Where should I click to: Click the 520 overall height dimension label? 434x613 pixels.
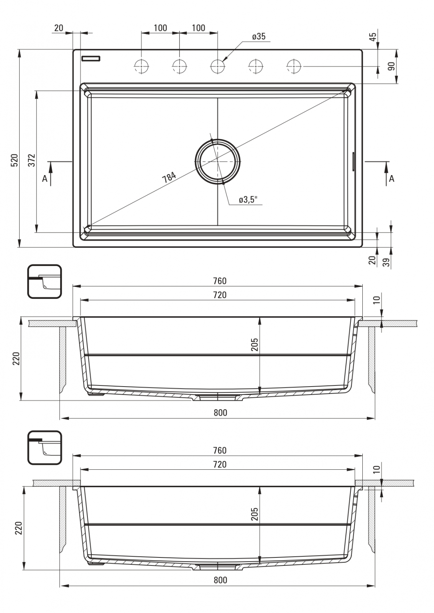14,161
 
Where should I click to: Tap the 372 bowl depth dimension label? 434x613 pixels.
32,161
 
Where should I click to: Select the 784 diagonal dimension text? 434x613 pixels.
169,177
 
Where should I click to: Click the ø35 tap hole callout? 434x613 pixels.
259,36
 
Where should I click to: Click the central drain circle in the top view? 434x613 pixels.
218,161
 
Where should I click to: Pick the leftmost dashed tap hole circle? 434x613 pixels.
141,66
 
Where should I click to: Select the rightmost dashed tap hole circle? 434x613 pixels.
294,66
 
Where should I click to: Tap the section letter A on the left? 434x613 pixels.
44,179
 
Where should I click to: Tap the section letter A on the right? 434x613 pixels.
391,179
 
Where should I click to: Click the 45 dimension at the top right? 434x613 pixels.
373,36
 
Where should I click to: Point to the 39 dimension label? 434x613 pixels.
386,262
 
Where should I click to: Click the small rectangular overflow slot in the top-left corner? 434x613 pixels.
91,58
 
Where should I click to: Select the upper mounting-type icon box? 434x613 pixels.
44,281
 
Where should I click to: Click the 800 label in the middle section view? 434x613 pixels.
220,413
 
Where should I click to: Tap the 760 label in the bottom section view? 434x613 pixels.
220,451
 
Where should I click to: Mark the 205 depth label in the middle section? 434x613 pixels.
255,345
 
